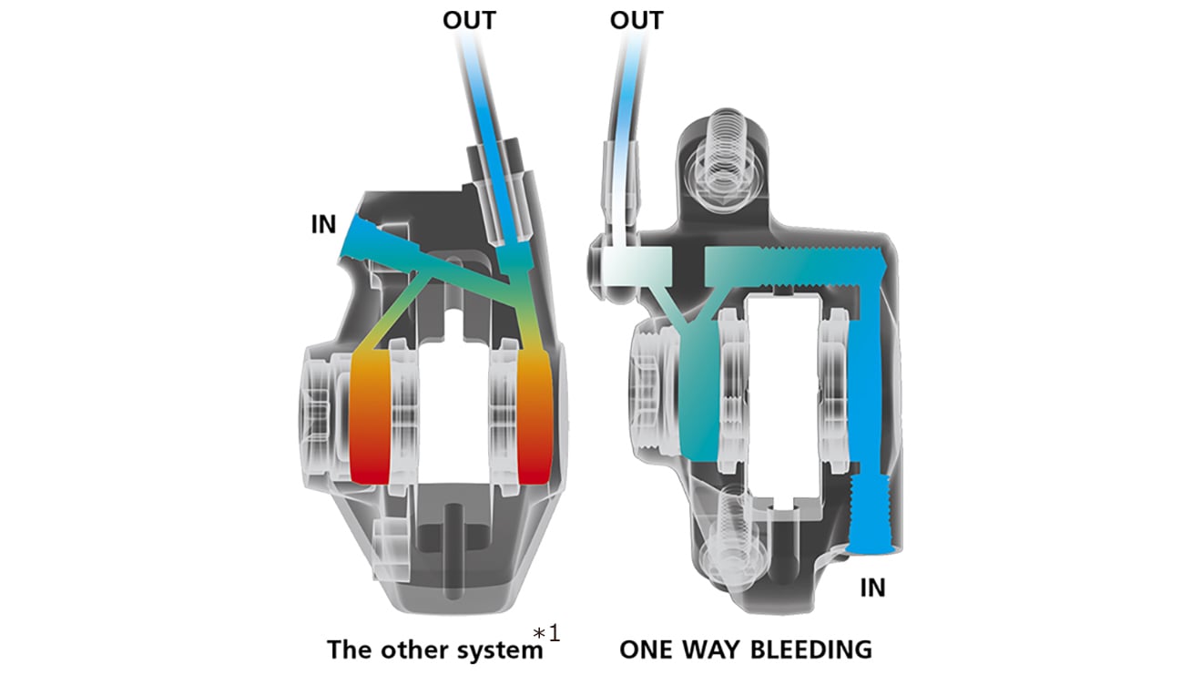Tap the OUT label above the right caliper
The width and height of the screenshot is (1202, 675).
[637, 20]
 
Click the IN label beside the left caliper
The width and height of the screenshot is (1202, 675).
[323, 224]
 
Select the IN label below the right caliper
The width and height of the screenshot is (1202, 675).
[872, 588]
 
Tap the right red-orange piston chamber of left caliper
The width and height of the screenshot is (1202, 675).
[534, 414]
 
